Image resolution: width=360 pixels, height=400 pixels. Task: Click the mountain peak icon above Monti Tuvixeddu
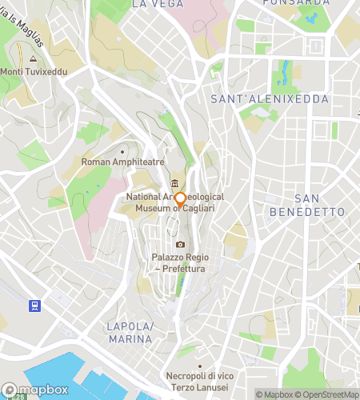click(x=33, y=58)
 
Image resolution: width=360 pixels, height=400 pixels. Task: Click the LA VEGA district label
click(x=151, y=4)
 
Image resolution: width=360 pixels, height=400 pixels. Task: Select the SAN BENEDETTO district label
click(x=318, y=205)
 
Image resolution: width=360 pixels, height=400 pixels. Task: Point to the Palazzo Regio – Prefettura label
click(x=180, y=263)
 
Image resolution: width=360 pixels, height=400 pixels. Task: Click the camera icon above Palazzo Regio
click(x=181, y=244)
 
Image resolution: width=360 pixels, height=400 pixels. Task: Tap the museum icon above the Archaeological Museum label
click(x=174, y=184)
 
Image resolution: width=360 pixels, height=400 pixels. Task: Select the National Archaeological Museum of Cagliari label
click(x=174, y=202)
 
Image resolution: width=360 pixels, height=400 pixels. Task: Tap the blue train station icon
click(x=34, y=305)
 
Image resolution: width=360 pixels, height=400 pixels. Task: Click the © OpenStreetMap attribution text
click(x=330, y=394)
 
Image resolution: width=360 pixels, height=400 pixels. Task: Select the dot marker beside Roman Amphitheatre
click(x=122, y=150)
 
